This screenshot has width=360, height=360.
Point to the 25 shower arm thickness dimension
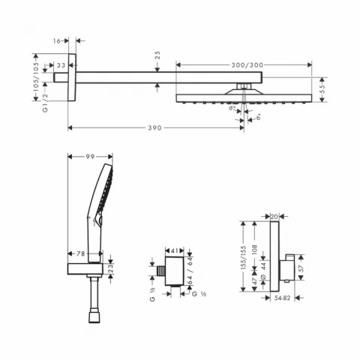pos(157,57)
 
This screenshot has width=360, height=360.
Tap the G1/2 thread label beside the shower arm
pos(35,98)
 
